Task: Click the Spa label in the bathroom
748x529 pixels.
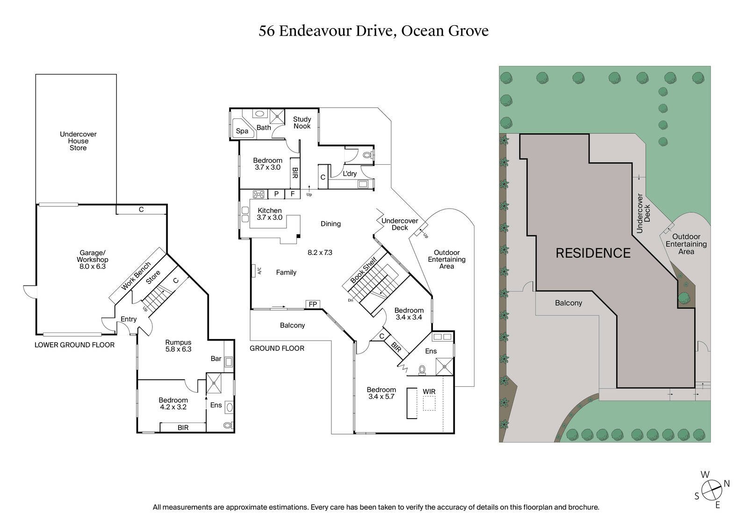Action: [242, 131]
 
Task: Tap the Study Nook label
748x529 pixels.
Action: [302, 123]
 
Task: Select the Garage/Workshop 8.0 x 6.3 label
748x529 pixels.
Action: [93, 260]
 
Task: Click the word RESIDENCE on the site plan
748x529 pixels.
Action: [593, 253]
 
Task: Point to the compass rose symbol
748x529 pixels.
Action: [711, 490]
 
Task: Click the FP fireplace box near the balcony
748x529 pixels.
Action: [313, 304]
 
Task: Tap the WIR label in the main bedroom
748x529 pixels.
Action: [429, 391]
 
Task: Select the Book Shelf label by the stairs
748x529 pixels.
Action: [364, 270]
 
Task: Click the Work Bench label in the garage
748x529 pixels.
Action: [136, 276]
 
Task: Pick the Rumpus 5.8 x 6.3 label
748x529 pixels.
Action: [178, 346]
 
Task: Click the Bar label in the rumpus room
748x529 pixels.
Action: [216, 359]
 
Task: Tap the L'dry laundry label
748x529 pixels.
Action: [350, 174]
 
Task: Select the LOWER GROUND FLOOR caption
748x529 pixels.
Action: [74, 345]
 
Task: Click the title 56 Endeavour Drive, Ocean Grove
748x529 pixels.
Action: [374, 31]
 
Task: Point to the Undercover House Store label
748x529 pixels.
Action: [78, 141]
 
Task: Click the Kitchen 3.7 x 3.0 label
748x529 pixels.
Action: [269, 214]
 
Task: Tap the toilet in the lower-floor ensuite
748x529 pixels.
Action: [227, 425]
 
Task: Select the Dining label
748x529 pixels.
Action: [331, 224]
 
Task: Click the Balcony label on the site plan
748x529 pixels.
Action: [568, 303]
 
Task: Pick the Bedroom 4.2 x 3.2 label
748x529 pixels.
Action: [173, 403]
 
